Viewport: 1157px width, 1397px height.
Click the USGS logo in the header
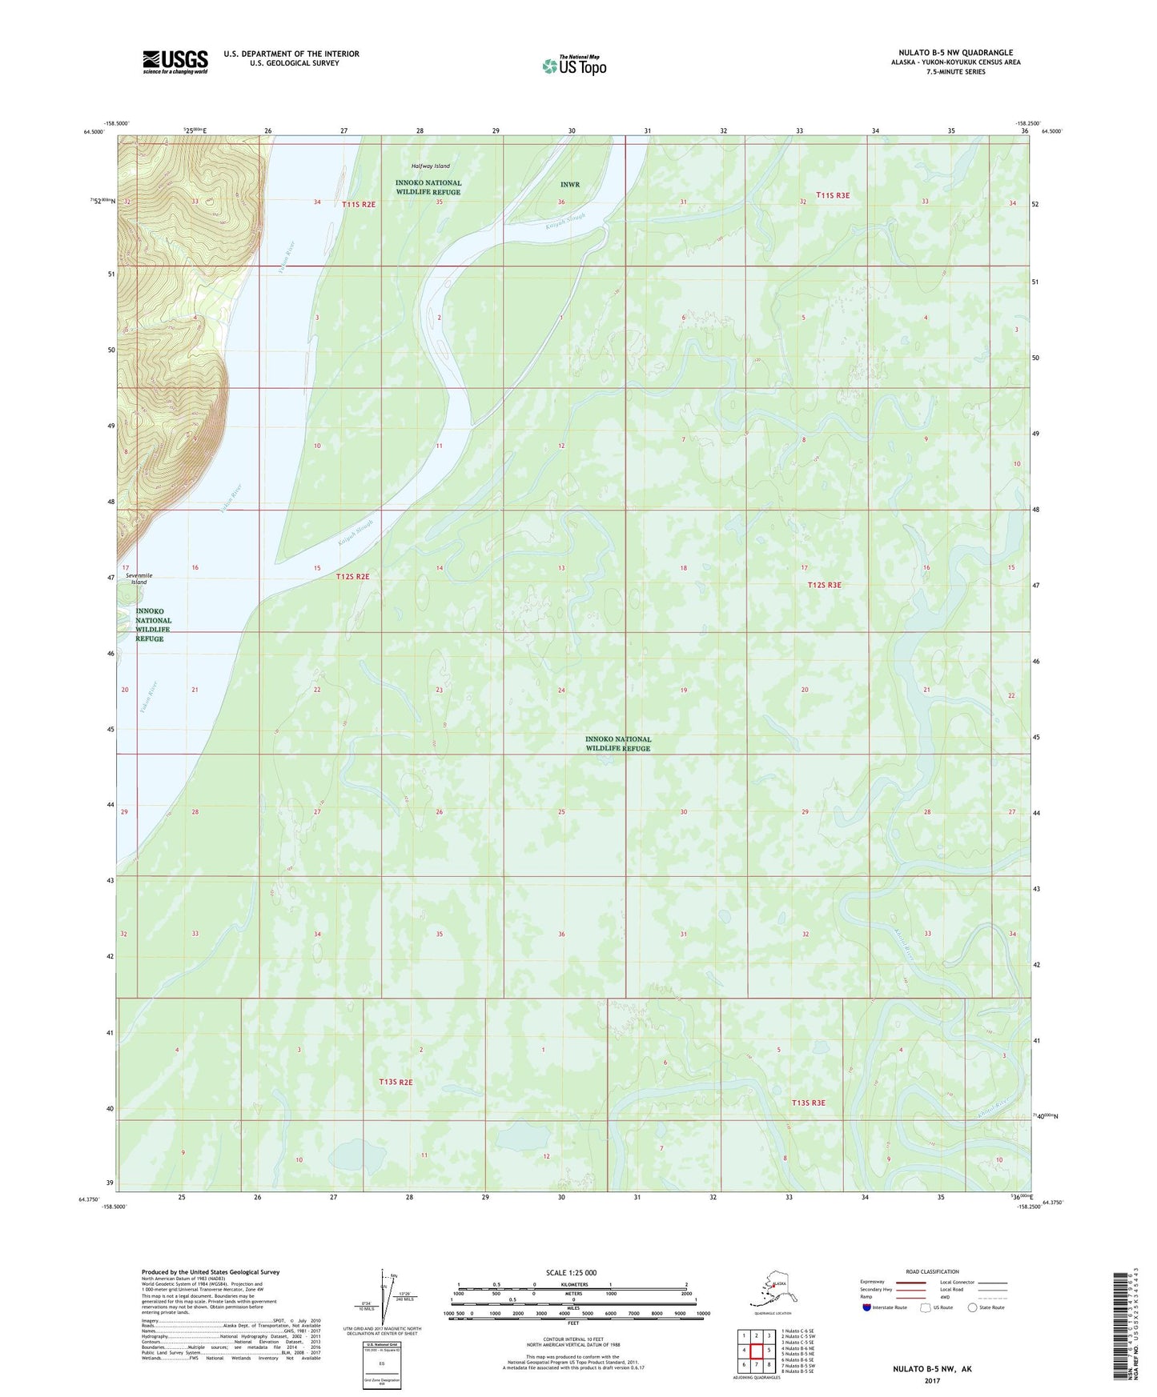coord(175,61)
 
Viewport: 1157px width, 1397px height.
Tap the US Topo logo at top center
coord(573,66)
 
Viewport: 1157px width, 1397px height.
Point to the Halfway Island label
coord(430,166)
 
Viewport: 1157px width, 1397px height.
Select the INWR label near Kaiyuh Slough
coord(569,185)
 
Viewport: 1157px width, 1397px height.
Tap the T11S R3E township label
coord(832,195)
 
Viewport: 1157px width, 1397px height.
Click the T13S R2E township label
coord(396,1082)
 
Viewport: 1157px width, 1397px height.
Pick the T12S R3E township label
coord(824,585)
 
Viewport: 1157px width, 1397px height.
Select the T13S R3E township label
coord(808,1103)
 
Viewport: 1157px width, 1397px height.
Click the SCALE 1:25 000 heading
coord(572,1272)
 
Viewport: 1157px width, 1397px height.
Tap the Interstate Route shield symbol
coord(867,1307)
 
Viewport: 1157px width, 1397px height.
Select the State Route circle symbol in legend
coord(973,1307)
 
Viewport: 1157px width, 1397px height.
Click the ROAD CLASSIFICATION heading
coord(932,1271)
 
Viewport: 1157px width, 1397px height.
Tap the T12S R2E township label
coord(353,576)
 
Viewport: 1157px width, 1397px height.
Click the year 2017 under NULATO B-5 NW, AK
coord(932,1380)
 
